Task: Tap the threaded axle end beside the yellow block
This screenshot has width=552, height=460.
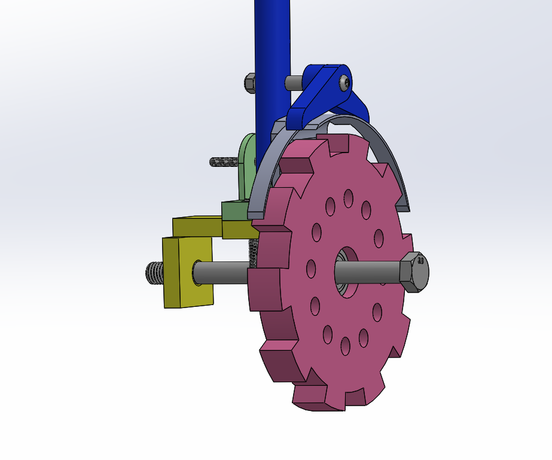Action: [x=154, y=273]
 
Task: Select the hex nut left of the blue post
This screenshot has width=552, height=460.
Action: [x=250, y=82]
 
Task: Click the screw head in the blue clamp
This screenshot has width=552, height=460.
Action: [x=344, y=83]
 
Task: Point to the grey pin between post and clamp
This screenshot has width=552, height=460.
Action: [x=294, y=82]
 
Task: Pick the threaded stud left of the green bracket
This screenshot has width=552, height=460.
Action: [x=224, y=162]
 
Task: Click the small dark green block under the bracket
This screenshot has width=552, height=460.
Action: [x=234, y=211]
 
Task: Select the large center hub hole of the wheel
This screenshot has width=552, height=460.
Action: [x=346, y=272]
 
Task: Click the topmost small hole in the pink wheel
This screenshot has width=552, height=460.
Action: [x=347, y=196]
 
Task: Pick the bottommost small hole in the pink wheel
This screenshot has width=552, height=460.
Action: [x=345, y=345]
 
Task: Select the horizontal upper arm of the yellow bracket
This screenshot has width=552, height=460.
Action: [x=197, y=226]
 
